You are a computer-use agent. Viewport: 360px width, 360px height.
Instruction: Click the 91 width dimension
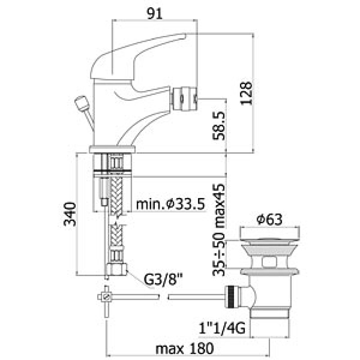pos(154,14)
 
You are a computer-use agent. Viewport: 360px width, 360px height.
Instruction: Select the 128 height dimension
pos(246,93)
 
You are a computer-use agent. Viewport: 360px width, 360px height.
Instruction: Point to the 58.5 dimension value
pos(219,126)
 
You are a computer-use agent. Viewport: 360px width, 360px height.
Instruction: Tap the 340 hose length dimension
pos(70,214)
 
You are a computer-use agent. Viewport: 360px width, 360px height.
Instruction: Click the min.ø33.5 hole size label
pos(171,204)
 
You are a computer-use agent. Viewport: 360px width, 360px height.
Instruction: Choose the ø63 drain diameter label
pos(270,220)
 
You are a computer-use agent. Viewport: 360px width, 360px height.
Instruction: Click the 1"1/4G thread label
pos(222,328)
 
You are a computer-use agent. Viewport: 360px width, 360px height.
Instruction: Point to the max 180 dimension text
pos(184,348)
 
